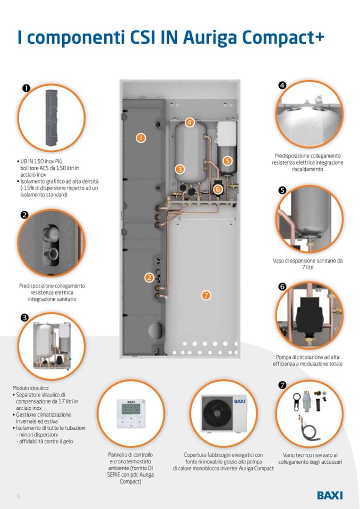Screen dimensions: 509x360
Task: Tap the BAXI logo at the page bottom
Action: coord(330,495)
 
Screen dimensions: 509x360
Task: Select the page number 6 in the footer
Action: coord(18,496)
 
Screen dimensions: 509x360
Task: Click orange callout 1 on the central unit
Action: coord(141,138)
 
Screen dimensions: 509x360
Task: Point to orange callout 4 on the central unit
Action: coord(190,123)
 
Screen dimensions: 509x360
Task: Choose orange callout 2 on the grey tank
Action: coord(150,277)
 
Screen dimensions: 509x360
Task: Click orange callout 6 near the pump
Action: coord(218,188)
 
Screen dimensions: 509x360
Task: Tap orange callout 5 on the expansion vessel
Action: coord(227,160)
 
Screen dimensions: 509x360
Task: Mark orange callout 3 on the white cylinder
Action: coord(180,169)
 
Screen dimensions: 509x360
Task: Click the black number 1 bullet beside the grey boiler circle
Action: coord(26,88)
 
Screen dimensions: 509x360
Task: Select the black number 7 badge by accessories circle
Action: coord(282,385)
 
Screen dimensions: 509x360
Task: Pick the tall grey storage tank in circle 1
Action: coord(52,117)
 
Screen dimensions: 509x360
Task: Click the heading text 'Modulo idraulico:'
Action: coord(31,388)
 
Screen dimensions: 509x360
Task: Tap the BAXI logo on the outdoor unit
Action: coord(240,402)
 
